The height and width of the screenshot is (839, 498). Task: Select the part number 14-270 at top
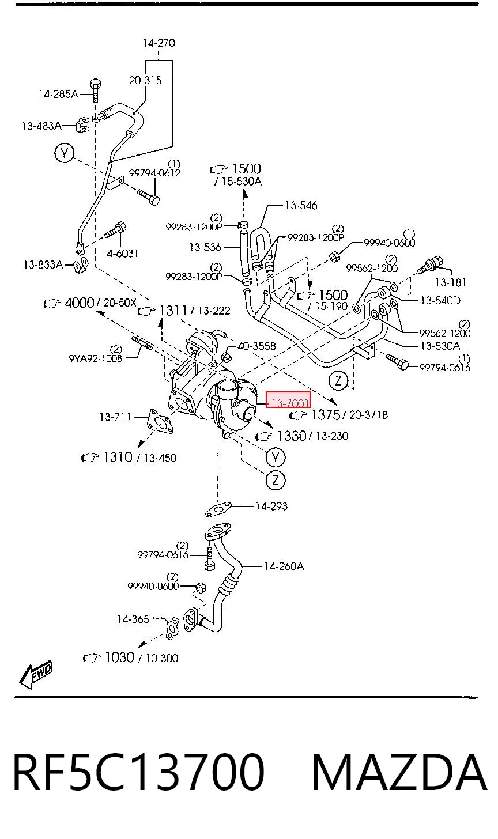(159, 43)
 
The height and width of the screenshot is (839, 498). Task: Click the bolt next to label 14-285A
(96, 90)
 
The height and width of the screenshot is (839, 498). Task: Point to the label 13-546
(301, 205)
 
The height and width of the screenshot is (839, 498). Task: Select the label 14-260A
(284, 566)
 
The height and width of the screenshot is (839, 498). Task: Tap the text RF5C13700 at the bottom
(139, 772)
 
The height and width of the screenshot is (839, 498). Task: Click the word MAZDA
(399, 772)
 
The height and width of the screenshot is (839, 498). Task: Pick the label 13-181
(450, 282)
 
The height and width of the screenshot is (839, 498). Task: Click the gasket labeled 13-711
(160, 421)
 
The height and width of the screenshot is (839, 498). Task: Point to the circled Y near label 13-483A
(65, 153)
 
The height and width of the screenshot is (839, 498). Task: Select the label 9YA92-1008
(96, 358)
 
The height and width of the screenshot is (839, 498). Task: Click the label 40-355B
(256, 346)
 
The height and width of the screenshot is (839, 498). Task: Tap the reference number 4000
(79, 303)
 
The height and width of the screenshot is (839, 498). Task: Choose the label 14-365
(133, 619)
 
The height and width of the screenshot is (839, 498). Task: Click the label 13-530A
(440, 346)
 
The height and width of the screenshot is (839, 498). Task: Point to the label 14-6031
(120, 254)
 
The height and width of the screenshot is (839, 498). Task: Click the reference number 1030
(119, 657)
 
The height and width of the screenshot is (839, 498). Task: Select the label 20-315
(145, 80)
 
